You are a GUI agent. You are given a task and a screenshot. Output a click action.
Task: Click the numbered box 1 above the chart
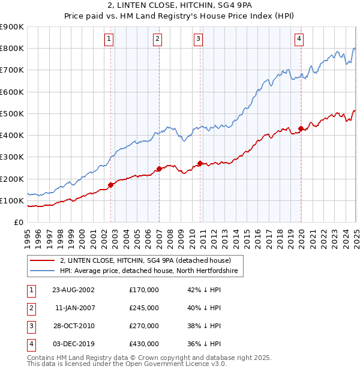tap(109, 40)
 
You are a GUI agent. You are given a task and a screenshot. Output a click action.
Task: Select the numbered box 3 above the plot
tap(198, 40)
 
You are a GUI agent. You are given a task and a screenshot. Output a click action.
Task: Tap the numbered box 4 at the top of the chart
tap(299, 40)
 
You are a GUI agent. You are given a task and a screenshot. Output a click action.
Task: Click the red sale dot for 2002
tap(111, 185)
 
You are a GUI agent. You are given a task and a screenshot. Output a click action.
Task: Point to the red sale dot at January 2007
tap(159, 169)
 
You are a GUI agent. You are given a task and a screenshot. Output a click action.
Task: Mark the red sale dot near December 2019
tap(301, 128)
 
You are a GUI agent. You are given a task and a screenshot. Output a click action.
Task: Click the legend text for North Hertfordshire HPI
tap(149, 271)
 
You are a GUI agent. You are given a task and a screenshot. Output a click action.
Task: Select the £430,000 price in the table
tap(144, 344)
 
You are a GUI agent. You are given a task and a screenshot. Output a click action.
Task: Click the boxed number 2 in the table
tap(30, 308)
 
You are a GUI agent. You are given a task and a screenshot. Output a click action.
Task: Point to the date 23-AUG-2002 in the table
tap(73, 290)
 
